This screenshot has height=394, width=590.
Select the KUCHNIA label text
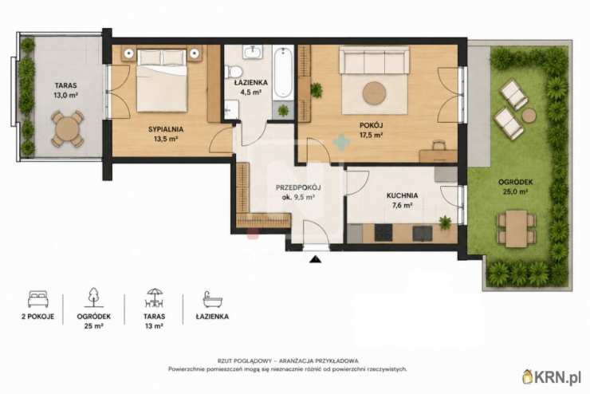(x=402, y=195)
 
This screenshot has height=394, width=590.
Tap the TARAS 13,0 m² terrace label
(x=65, y=90)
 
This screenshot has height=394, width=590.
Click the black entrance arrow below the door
(x=315, y=259)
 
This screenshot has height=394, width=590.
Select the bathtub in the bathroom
(x=283, y=73)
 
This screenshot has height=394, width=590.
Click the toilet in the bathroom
(x=234, y=71)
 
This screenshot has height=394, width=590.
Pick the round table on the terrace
(x=68, y=128)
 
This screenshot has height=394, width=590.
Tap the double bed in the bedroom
(x=162, y=81)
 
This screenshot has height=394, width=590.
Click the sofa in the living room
(x=374, y=60)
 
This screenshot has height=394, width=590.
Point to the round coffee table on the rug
(x=375, y=93)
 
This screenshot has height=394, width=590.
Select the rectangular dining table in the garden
(x=517, y=228)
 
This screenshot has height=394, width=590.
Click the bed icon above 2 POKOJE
(x=38, y=299)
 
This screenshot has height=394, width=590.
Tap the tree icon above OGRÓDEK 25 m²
(x=93, y=297)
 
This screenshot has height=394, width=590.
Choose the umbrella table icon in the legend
(x=154, y=298)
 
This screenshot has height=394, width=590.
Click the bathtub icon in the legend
(x=212, y=300)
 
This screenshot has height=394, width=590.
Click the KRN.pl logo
(x=552, y=376)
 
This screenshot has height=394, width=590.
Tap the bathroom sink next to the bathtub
(x=252, y=52)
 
